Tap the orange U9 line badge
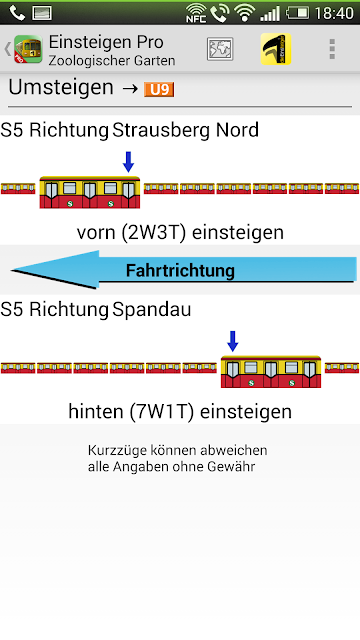pos(159,89)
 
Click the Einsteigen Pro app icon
pos(28,49)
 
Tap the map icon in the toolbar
pos(220,49)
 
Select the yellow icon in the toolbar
pos(276,49)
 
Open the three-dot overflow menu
pos(332,49)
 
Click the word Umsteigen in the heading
pos(61,87)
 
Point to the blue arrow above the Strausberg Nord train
pos(129,162)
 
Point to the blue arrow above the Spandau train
pos(233,341)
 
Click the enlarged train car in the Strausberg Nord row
pos(90,192)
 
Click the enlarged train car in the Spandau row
pos(271,372)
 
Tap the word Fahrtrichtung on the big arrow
pos(180,270)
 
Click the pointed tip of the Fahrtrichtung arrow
pos(11,270)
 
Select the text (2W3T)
pos(155,232)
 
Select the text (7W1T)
pos(163,411)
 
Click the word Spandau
pos(151,310)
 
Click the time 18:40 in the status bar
pos(334,13)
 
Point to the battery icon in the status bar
pos(298,13)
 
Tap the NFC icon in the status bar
pos(196,13)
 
